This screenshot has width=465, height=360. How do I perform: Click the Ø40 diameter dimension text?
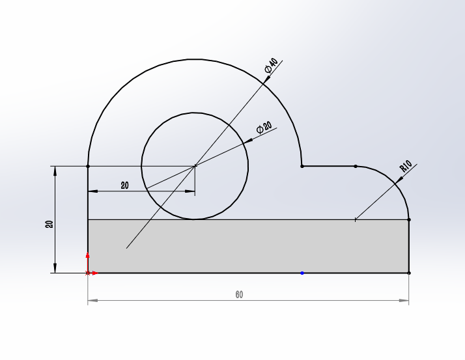(272, 65)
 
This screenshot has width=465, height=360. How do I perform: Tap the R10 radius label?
(406, 167)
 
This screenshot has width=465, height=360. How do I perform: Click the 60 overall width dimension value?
(239, 295)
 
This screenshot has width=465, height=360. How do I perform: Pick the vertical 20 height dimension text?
(49, 223)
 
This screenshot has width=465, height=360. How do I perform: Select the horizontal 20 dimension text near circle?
(124, 186)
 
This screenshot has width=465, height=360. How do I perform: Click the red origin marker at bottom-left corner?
(88, 272)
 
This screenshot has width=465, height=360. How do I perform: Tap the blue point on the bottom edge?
(302, 273)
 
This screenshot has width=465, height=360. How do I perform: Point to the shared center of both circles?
(195, 166)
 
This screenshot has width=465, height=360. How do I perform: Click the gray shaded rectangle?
(247, 246)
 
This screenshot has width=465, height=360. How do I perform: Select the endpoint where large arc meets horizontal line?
(302, 166)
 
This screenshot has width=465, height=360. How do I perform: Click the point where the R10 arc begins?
(356, 166)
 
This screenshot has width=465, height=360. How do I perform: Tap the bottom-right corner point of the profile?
(408, 273)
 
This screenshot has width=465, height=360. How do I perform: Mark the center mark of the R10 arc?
(355, 220)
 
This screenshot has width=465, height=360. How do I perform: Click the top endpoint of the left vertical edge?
(88, 166)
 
